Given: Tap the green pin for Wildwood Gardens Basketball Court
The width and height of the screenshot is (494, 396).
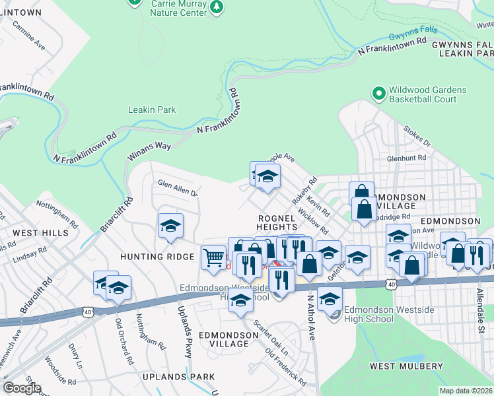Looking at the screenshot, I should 378,94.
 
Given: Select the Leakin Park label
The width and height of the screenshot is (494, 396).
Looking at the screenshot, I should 152,110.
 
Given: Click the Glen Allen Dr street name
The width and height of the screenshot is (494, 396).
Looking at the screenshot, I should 178,188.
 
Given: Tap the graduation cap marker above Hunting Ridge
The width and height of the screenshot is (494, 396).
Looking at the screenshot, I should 170,226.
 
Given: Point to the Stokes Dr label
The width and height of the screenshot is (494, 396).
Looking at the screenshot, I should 417,138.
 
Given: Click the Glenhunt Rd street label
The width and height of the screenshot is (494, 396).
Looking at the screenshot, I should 407,158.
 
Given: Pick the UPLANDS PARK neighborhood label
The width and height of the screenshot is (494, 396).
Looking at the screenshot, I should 178,376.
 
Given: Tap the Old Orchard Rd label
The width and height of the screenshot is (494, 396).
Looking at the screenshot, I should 124,337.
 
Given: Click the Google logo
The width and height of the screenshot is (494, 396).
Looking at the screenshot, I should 22,388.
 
